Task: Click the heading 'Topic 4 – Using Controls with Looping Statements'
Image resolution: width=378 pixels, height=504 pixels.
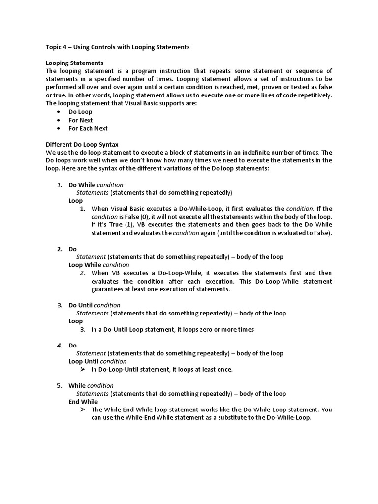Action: (x=117, y=47)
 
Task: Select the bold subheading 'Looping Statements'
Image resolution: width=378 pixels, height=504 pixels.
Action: (x=74, y=63)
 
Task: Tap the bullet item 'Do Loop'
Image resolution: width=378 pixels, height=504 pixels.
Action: (x=80, y=112)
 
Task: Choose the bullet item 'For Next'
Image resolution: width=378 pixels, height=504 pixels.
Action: (x=80, y=120)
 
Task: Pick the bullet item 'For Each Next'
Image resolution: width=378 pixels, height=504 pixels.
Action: (x=88, y=128)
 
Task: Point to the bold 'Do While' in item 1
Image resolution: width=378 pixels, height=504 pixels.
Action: (x=82, y=185)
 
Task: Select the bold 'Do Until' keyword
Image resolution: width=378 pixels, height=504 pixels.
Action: (x=80, y=305)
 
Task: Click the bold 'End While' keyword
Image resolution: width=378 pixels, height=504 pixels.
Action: (x=83, y=402)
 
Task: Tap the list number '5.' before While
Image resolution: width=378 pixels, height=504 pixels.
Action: (x=59, y=385)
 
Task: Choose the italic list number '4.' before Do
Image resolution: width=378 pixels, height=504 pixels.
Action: (x=59, y=346)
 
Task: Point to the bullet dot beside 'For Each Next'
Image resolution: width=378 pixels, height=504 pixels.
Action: (x=59, y=128)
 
